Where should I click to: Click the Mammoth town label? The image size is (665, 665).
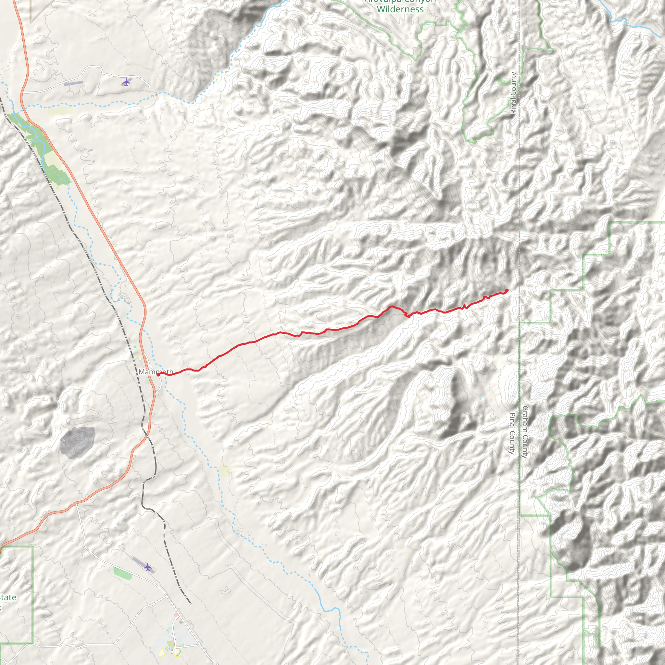point(156,372)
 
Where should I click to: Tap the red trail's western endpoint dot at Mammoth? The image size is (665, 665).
point(158,375)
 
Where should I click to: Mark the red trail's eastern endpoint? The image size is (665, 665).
point(507,291)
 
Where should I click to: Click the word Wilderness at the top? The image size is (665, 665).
point(400,9)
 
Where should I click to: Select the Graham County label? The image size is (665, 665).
point(525,432)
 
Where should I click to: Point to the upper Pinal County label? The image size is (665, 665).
point(514,93)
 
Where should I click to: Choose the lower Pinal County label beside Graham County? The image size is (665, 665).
point(512,433)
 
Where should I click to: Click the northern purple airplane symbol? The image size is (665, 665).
point(126,82)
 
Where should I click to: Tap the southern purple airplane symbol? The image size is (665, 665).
point(148,567)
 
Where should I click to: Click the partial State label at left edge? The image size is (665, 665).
point(7,597)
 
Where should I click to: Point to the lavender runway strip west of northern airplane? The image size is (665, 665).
point(73,83)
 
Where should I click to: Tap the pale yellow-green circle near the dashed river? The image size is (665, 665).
point(224,471)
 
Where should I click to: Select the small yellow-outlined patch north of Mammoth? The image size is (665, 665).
point(139,358)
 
